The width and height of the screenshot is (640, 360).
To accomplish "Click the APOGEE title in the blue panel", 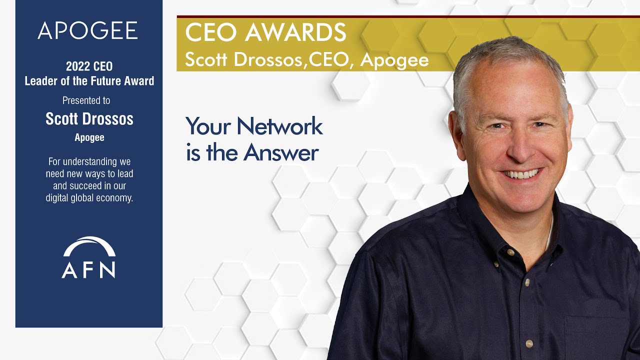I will [x=87, y=31].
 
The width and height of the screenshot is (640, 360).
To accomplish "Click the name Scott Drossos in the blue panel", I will [x=89, y=119].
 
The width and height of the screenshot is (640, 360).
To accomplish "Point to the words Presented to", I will [x=86, y=100].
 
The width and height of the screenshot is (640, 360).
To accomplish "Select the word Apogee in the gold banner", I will [x=394, y=60].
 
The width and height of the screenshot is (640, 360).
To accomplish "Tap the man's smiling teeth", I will [x=521, y=174].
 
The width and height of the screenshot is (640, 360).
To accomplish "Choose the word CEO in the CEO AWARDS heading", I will [x=209, y=33].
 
